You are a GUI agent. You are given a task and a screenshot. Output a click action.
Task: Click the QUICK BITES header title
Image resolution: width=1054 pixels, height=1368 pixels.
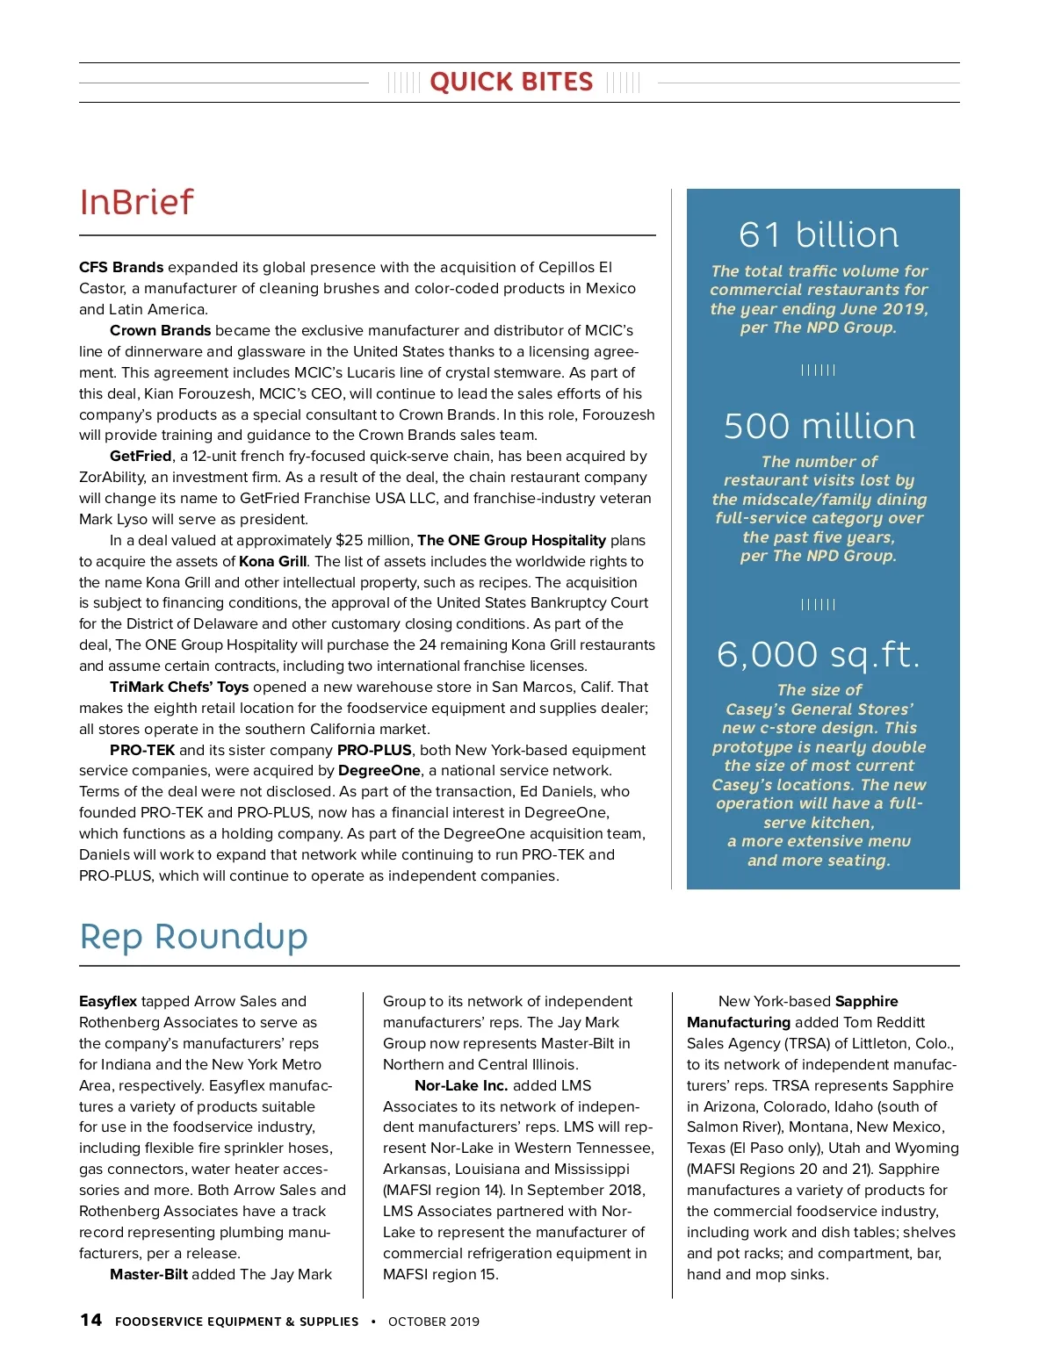pyautogui.click(x=511, y=83)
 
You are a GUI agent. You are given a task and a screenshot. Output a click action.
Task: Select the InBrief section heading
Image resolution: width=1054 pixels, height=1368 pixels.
pyautogui.click(x=136, y=203)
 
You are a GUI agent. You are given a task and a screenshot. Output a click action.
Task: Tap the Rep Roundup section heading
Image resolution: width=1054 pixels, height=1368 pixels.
pyautogui.click(x=193, y=937)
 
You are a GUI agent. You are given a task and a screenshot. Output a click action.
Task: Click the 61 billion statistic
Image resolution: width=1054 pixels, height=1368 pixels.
pyautogui.click(x=819, y=235)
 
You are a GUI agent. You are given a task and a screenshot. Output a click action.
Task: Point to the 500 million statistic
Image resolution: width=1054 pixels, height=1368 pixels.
pyautogui.click(x=819, y=427)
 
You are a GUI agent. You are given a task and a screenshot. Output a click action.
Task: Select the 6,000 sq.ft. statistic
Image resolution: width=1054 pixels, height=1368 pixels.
pyautogui.click(x=819, y=655)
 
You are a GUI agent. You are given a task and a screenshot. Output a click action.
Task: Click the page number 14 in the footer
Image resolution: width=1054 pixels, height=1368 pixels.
pyautogui.click(x=90, y=1321)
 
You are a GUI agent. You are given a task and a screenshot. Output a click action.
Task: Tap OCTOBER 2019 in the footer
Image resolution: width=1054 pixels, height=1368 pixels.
pyautogui.click(x=434, y=1321)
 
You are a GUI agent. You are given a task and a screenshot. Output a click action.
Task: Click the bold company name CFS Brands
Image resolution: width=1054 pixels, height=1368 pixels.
pyautogui.click(x=121, y=267)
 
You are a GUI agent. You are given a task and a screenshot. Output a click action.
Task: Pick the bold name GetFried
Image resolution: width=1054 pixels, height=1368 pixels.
pyautogui.click(x=141, y=456)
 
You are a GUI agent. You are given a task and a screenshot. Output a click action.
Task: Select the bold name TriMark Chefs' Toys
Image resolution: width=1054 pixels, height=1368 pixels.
pyautogui.click(x=179, y=687)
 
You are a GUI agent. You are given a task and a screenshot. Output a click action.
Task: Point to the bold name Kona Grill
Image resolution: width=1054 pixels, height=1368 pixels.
pyautogui.click(x=273, y=561)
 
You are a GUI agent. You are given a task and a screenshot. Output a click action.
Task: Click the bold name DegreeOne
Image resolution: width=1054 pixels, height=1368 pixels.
pyautogui.click(x=379, y=770)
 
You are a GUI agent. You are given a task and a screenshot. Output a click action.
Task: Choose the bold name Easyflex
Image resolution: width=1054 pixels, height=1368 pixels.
pyautogui.click(x=108, y=1001)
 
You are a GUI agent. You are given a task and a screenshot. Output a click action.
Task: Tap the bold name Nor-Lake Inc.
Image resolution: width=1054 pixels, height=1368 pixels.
pyautogui.click(x=461, y=1085)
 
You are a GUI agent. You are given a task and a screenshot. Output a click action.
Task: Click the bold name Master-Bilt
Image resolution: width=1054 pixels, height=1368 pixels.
pyautogui.click(x=148, y=1274)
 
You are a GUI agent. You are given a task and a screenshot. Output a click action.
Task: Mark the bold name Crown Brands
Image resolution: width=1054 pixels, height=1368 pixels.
pyautogui.click(x=160, y=330)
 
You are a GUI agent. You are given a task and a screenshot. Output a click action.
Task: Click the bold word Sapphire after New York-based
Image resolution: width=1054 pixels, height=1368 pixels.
pyautogui.click(x=866, y=1001)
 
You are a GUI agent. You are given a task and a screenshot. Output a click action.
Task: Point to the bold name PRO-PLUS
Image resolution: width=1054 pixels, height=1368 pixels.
pyautogui.click(x=374, y=750)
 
